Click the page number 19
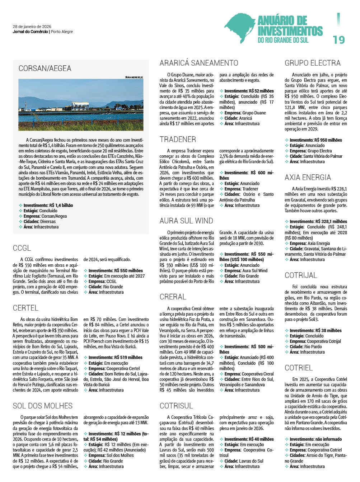(338, 39)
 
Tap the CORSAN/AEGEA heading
(45, 68)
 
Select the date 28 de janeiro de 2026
(32, 27)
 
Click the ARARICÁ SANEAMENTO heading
(198, 63)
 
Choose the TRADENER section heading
(178, 140)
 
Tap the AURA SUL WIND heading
(186, 221)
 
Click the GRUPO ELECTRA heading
(312, 63)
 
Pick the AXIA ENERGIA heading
(308, 178)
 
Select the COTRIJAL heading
(301, 275)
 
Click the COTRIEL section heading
(299, 368)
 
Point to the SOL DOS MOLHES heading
(43, 406)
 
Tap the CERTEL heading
(25, 308)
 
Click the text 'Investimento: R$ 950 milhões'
(316, 140)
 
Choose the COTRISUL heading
(176, 406)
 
